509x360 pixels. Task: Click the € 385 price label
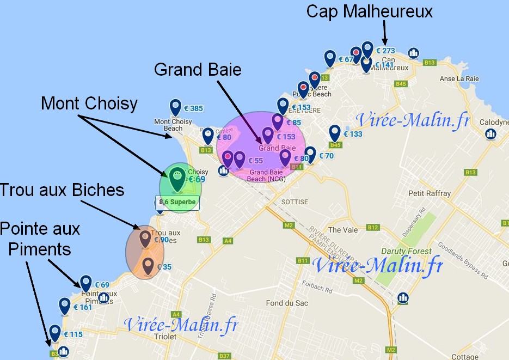193,108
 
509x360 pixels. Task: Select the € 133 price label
352,134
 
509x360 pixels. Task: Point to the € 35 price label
164,267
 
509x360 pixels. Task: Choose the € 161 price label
82,307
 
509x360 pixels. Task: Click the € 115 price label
73,334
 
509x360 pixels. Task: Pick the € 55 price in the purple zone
255,161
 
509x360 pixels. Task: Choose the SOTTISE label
295,202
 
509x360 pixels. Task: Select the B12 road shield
373,227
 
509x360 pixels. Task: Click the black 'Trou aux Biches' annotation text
62,190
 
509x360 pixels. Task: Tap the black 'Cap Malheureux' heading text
370,11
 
